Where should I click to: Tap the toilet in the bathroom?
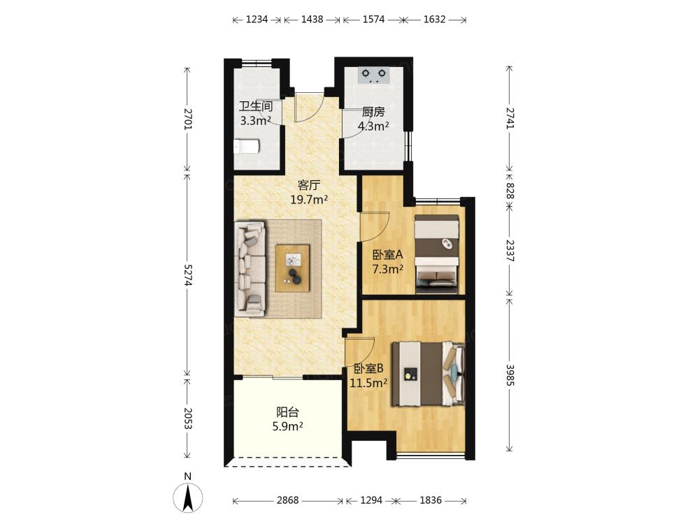click(247, 146)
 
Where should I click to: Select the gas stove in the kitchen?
click(373, 75)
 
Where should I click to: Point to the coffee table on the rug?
click(292, 268)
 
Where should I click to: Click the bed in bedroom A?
click(436, 254)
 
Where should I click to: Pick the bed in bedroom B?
click(428, 374)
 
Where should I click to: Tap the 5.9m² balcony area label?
click(287, 426)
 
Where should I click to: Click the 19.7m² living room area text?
click(309, 199)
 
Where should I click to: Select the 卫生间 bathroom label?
click(255, 106)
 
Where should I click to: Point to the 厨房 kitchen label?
click(373, 111)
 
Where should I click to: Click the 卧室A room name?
click(387, 255)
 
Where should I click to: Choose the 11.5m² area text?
click(368, 383)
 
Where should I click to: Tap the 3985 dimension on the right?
click(510, 376)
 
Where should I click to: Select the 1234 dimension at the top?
click(257, 19)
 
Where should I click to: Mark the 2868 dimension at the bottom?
click(287, 500)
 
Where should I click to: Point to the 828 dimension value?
click(510, 191)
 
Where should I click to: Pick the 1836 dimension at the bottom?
click(431, 500)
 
